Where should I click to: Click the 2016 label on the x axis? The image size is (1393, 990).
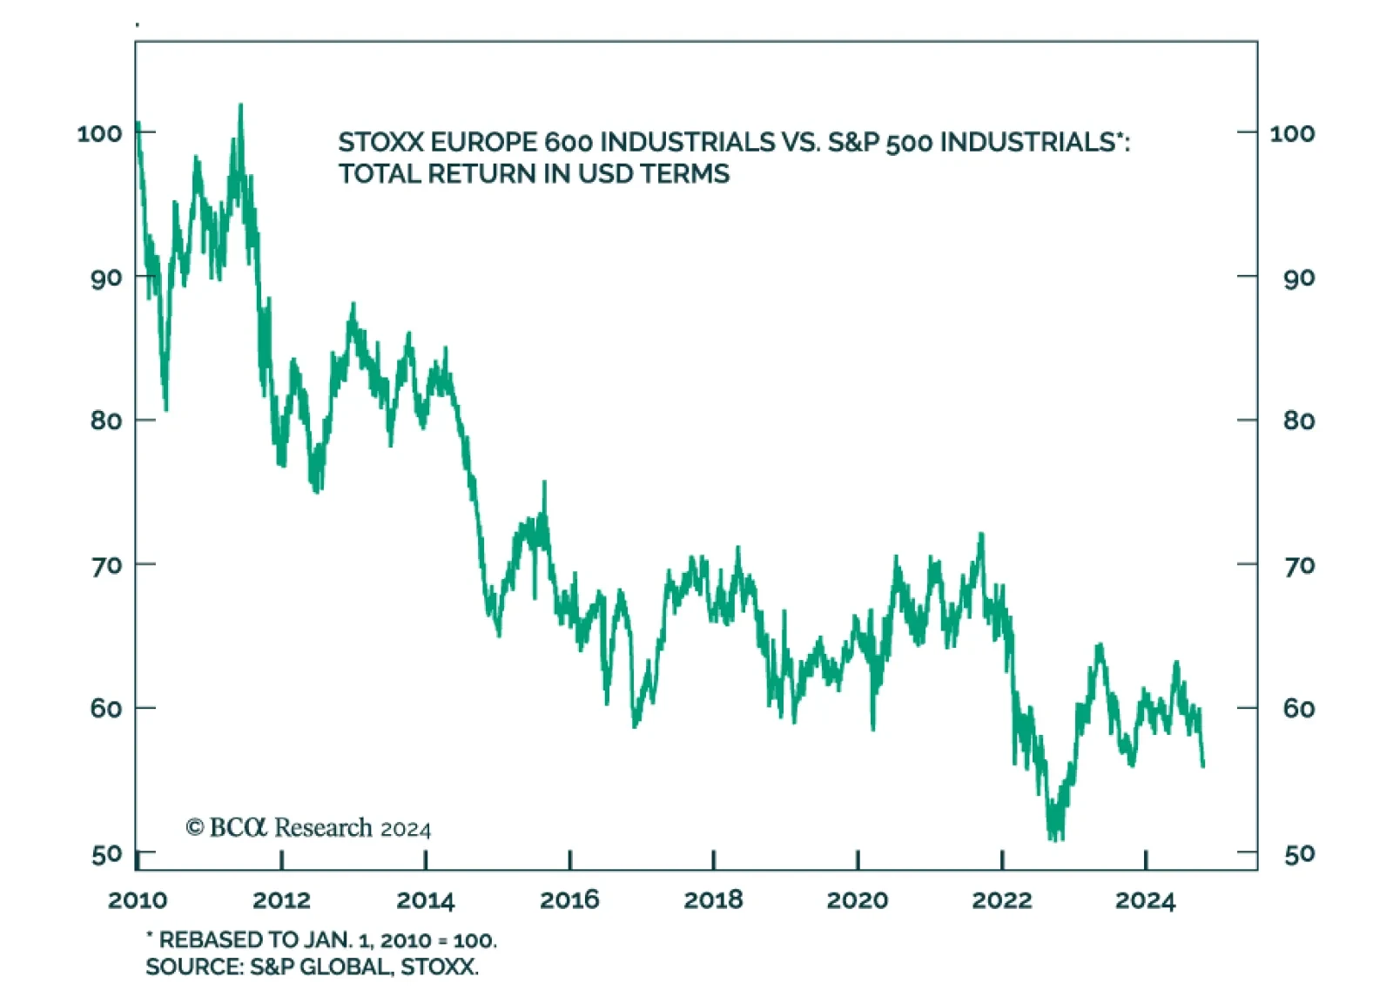tap(569, 899)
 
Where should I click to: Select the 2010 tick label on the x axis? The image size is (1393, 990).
tap(138, 899)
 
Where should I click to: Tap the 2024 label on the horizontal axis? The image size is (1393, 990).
tap(1145, 899)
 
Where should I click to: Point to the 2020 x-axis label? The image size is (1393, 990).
tap(858, 899)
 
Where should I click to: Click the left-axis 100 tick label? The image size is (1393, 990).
tap(98, 133)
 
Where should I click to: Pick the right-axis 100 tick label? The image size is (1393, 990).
tap(1292, 133)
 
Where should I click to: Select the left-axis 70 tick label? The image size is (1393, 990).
tap(105, 566)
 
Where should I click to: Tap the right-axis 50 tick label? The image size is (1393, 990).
tap(1299, 854)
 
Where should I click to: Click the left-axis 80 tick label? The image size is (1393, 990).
tap(105, 421)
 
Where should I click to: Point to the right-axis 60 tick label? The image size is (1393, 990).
tap(1299, 709)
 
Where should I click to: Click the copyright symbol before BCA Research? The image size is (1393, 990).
tap(195, 827)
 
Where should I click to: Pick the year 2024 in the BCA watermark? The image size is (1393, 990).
tap(406, 829)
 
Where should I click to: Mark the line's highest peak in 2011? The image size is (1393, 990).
tap(240, 105)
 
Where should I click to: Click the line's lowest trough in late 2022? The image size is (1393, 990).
tap(1053, 838)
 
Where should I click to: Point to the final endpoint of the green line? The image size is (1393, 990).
tap(1203, 766)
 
